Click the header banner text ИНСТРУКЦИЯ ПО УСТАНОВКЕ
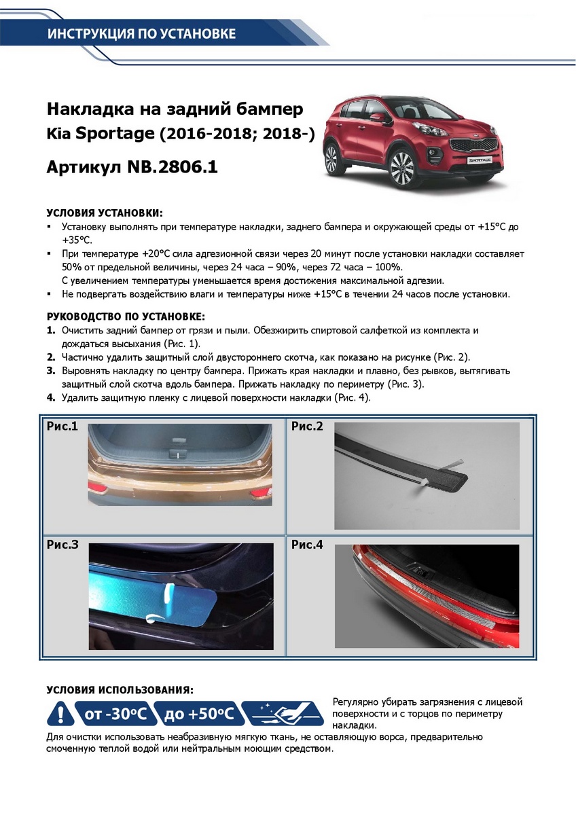click(x=141, y=34)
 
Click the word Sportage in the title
click(x=114, y=134)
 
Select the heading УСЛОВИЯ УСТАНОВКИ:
click(x=105, y=213)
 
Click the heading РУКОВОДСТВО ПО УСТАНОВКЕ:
click(x=126, y=316)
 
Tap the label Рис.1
click(x=62, y=427)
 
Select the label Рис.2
click(x=307, y=427)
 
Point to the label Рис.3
click(x=62, y=545)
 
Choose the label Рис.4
click(x=307, y=545)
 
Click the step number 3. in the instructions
click(x=51, y=371)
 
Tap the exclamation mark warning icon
click(x=60, y=714)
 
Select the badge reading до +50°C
click(x=198, y=714)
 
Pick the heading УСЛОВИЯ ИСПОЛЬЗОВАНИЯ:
click(x=120, y=689)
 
